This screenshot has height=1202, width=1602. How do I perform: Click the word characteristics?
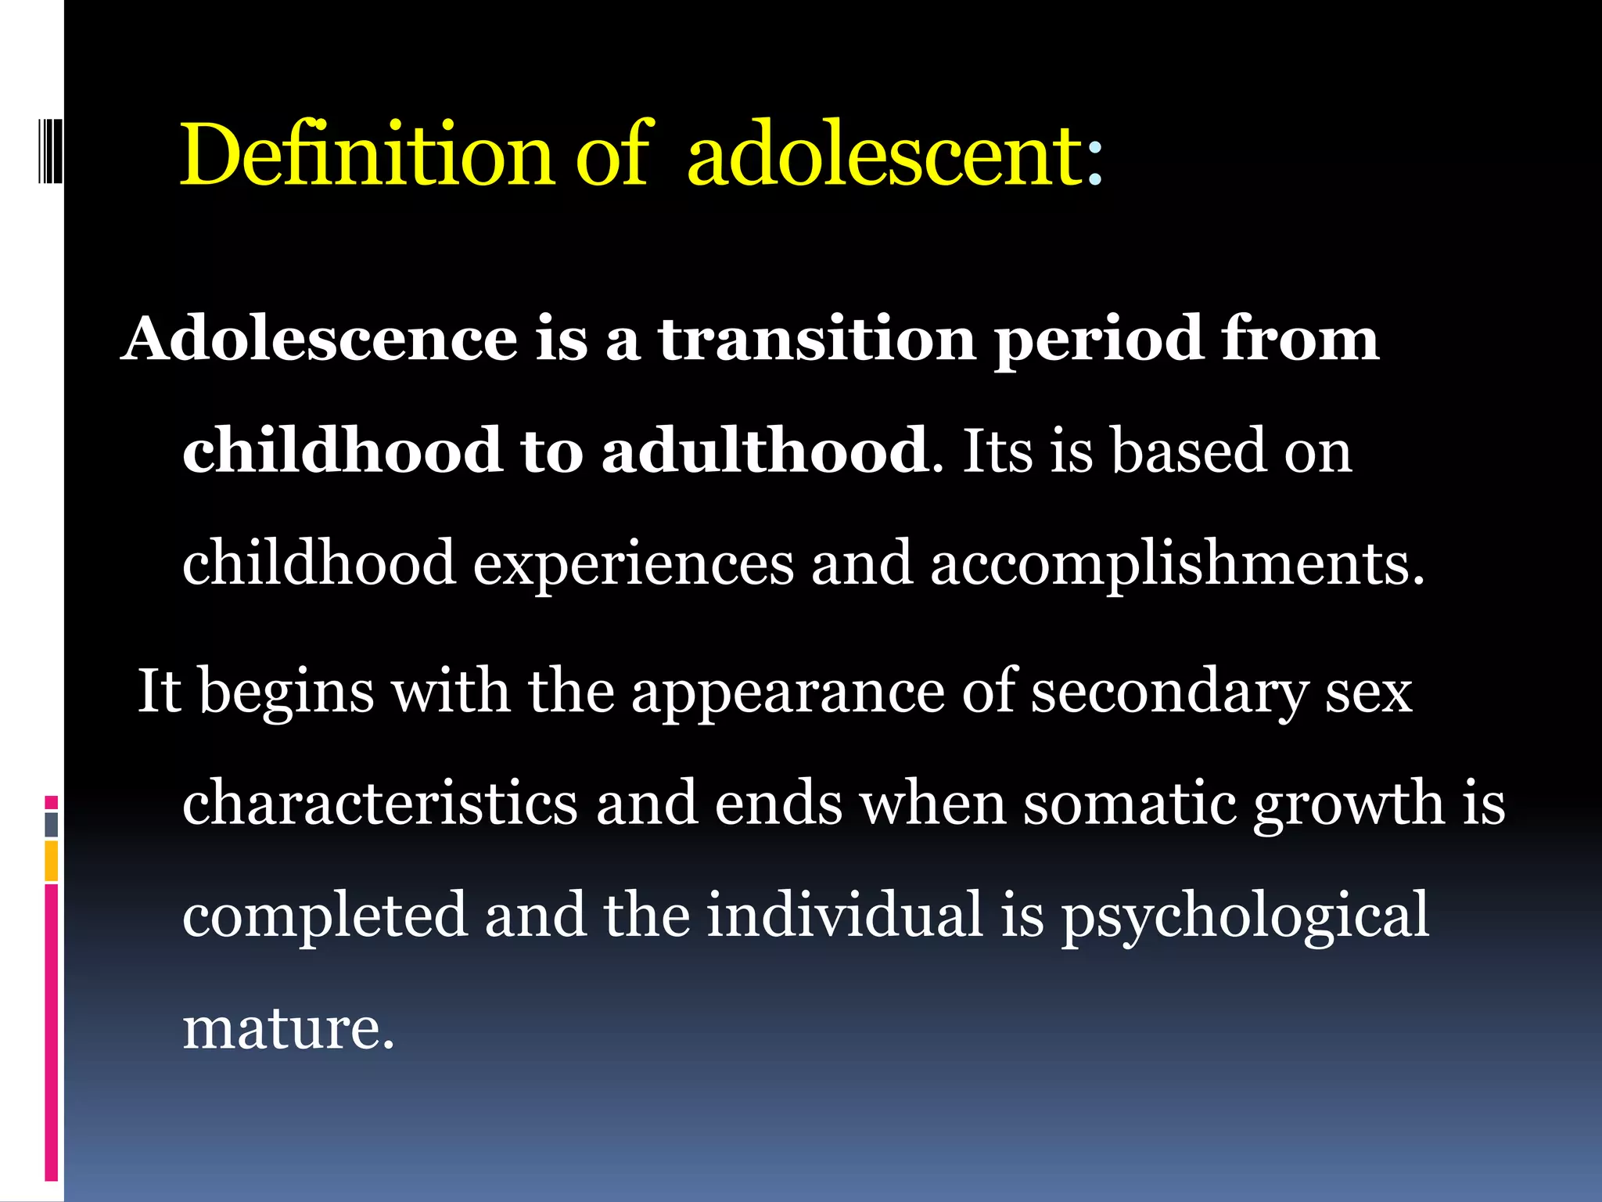[x=379, y=804]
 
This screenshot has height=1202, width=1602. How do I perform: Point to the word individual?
[x=844, y=916]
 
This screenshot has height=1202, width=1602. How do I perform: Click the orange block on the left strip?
[x=52, y=861]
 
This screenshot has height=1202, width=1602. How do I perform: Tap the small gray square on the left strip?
[x=52, y=824]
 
